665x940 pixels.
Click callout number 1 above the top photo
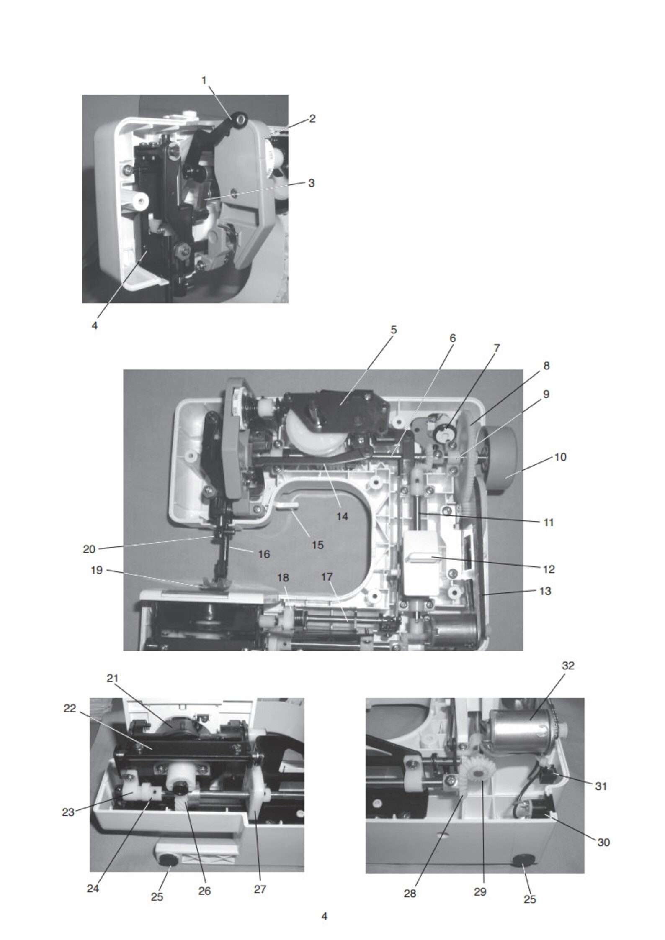coord(204,80)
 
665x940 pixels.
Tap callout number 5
coord(393,330)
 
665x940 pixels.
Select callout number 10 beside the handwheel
coord(560,457)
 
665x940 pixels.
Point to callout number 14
coord(342,517)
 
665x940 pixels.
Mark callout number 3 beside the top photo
coord(311,183)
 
